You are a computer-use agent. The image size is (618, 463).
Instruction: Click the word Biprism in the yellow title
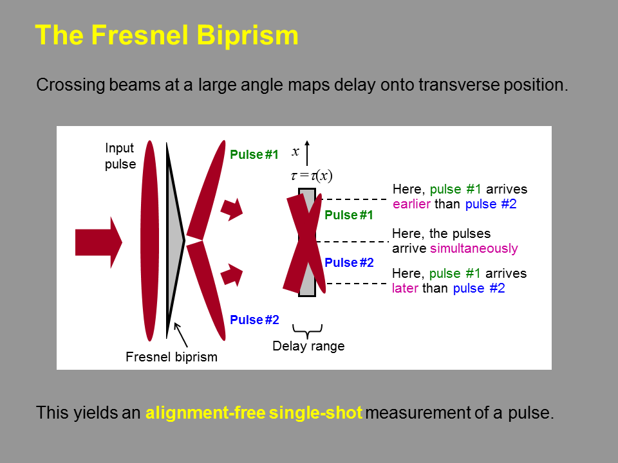tap(247, 36)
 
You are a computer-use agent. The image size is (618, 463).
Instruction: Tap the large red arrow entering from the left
tap(98, 242)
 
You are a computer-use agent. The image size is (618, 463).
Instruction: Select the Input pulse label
tap(120, 156)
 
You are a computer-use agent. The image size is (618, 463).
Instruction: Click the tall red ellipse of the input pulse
tap(150, 241)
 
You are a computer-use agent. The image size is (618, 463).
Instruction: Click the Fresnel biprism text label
tap(171, 357)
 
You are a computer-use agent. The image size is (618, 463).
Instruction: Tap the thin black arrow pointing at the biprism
tap(180, 334)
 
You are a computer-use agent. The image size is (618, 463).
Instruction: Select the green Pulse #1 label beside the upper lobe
tap(254, 154)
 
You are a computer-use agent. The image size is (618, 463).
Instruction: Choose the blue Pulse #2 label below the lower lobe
tap(254, 320)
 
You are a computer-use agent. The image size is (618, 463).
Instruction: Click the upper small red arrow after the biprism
tap(232, 209)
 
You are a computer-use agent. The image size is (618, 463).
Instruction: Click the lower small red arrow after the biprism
tap(232, 275)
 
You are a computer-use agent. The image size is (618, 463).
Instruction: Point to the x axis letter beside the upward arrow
tap(295, 152)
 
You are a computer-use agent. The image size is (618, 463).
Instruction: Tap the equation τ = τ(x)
tap(312, 175)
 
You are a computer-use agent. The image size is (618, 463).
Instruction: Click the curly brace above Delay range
tap(308, 331)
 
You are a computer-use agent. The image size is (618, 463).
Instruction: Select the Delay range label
tap(308, 346)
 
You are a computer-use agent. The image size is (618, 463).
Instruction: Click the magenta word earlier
tap(411, 204)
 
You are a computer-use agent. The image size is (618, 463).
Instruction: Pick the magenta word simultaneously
tap(474, 248)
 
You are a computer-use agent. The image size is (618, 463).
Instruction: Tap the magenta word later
tap(405, 288)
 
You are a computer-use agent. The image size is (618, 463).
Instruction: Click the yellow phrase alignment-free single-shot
tap(254, 413)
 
